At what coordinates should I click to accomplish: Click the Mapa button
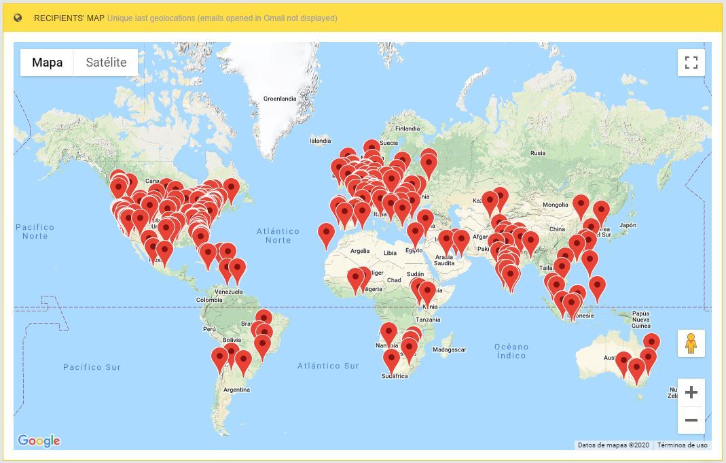point(47,63)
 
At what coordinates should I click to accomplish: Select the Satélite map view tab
point(106,63)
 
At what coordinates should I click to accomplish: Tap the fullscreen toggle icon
point(691,63)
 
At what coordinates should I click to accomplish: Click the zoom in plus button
point(691,392)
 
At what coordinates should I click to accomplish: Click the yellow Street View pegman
point(691,343)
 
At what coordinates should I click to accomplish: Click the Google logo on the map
point(39,441)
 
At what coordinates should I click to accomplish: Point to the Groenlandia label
point(280,99)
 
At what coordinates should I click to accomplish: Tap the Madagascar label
point(449,349)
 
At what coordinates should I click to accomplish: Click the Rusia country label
point(538,153)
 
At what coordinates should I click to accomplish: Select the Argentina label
point(236,390)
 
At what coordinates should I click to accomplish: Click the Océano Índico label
point(511,351)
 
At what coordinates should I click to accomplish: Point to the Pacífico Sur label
point(92,367)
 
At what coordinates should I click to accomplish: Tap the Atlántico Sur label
point(328,366)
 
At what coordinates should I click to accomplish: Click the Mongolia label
point(555,205)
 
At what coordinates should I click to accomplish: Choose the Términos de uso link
point(683,445)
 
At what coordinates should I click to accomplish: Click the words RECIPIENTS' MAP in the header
point(69,18)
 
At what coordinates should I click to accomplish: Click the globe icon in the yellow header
point(18,18)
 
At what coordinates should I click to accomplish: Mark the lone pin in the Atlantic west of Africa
point(327,235)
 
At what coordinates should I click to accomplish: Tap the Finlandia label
point(407,128)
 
